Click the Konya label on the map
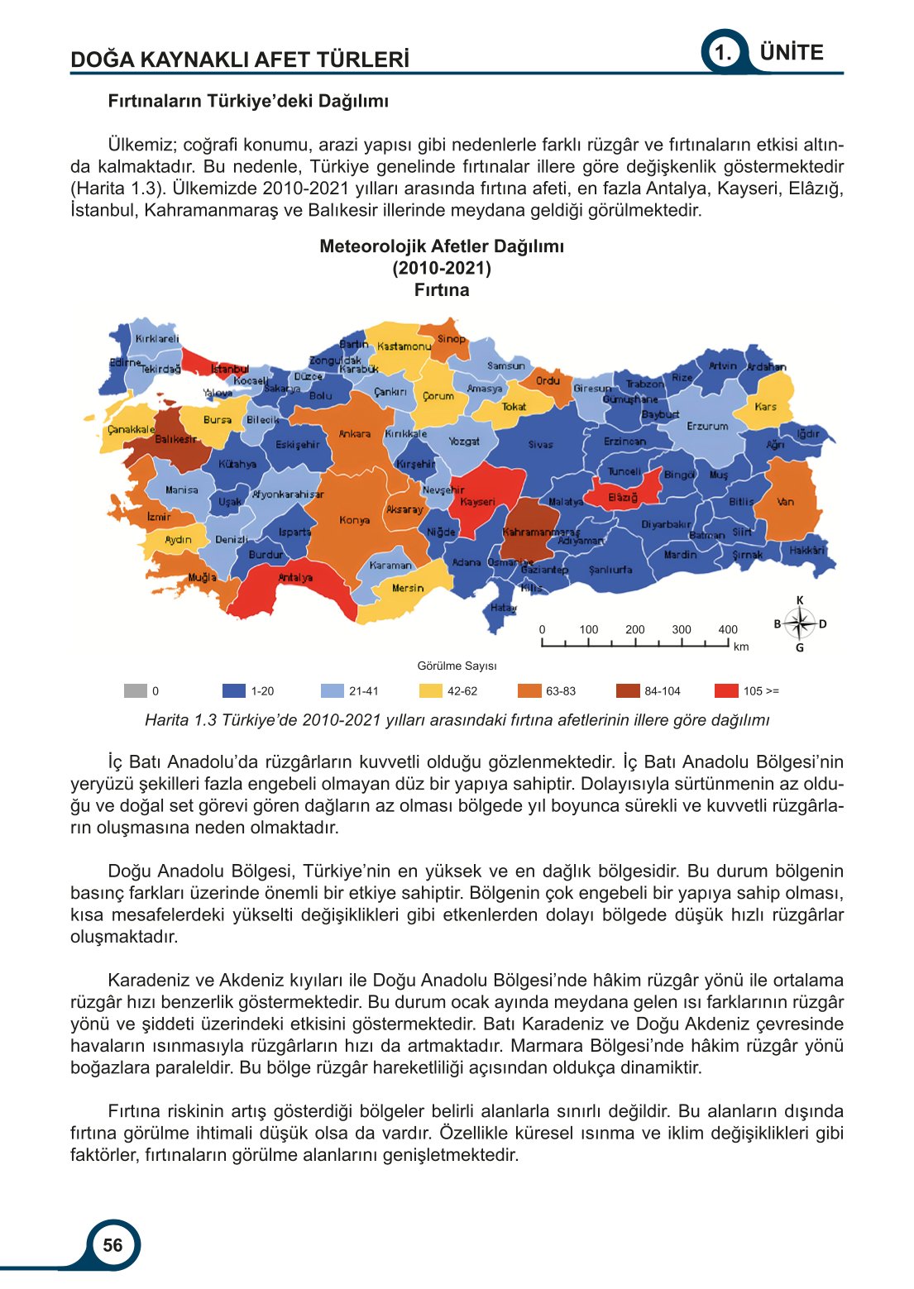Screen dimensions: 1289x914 [x=354, y=520]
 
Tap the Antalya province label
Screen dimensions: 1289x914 [x=295, y=577]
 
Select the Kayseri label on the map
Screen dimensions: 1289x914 [x=477, y=502]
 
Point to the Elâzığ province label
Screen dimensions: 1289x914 [x=623, y=498]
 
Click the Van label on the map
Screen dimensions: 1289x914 [x=785, y=501]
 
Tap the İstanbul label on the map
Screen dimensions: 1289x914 [x=230, y=369]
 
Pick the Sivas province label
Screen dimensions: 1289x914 [x=540, y=444]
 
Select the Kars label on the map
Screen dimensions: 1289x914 [x=765, y=406]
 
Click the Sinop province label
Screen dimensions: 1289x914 [x=452, y=339]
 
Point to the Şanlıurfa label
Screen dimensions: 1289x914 [x=610, y=570]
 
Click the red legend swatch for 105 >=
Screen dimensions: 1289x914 [x=726, y=691]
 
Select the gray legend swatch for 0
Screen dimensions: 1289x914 [x=135, y=691]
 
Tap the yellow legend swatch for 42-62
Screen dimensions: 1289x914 [x=431, y=691]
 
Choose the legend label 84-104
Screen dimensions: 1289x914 [x=662, y=691]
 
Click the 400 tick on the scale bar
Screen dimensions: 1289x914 [x=727, y=629]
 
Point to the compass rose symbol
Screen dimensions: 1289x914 [x=799, y=623]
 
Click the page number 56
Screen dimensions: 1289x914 [x=112, y=1245]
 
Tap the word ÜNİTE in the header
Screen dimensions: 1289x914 [x=792, y=53]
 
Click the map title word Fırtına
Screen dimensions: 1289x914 [x=442, y=290]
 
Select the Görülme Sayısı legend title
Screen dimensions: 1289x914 [x=457, y=666]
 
